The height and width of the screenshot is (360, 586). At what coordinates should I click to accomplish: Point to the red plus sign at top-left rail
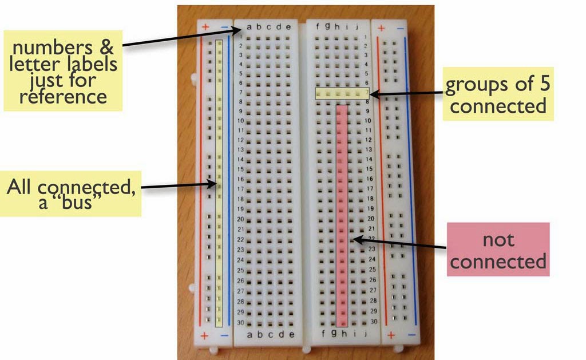tap(205, 27)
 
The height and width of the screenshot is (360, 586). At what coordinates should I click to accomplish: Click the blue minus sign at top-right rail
tap(400, 27)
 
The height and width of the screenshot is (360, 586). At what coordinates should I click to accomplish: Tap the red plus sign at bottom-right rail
tap(391, 334)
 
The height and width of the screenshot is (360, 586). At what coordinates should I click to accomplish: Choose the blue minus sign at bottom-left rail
tap(224, 335)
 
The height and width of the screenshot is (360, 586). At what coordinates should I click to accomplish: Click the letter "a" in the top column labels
tap(250, 26)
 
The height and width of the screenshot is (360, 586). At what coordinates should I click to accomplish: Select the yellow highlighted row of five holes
tap(342, 93)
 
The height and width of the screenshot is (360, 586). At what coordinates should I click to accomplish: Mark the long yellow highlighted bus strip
tap(219, 183)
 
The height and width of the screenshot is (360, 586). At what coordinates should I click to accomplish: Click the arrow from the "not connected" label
tap(401, 244)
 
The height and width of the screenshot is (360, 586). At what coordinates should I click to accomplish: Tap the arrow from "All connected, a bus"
tap(177, 185)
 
